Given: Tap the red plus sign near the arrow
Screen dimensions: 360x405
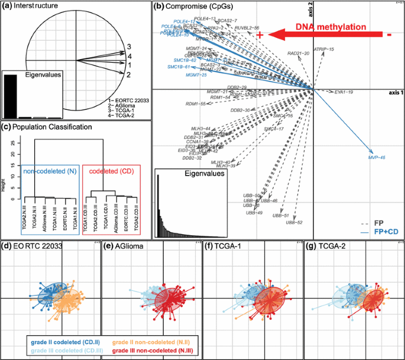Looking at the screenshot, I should click(260, 35).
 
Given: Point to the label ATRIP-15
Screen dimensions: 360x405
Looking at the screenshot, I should click(323, 49).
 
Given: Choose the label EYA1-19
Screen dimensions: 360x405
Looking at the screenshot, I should click(344, 93).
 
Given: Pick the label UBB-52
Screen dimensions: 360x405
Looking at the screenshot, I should click(294, 222).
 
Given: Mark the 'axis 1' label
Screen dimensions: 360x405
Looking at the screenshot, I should click(395, 93).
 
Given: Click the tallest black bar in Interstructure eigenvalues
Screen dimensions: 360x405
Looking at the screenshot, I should click(11, 96).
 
